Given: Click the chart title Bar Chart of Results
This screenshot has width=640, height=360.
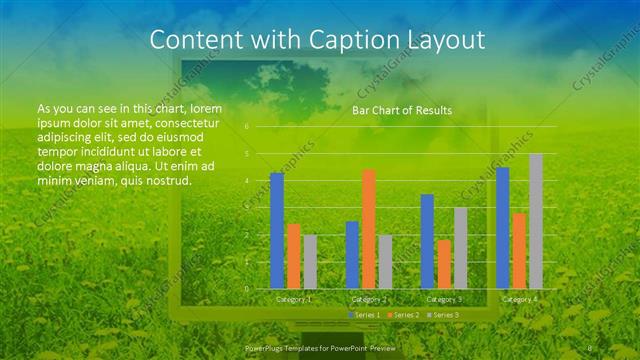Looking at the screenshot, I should click(401, 110).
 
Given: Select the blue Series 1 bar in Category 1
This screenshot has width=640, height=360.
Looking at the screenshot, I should click(277, 230).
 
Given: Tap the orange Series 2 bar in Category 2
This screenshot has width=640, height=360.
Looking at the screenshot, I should click(369, 229).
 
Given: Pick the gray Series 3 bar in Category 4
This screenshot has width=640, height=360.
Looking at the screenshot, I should click(536, 221).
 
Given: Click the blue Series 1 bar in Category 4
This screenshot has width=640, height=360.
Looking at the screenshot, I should click(503, 228).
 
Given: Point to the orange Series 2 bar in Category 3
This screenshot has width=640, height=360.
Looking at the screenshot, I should click(444, 264).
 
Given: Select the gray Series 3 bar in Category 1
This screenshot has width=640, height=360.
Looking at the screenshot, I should click(310, 261).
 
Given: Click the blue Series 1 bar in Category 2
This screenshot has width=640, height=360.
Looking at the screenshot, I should click(352, 255).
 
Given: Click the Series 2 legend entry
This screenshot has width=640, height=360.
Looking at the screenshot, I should click(401, 315).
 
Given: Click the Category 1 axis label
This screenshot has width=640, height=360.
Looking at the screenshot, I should click(293, 299).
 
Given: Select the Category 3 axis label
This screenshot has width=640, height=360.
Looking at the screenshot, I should click(444, 299).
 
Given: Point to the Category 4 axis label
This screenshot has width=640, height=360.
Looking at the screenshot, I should click(519, 299).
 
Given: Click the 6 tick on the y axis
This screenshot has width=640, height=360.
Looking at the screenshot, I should click(247, 127).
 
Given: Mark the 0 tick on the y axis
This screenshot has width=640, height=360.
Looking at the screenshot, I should click(247, 288).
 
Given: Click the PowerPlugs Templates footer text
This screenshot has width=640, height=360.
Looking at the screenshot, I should click(314, 346).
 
